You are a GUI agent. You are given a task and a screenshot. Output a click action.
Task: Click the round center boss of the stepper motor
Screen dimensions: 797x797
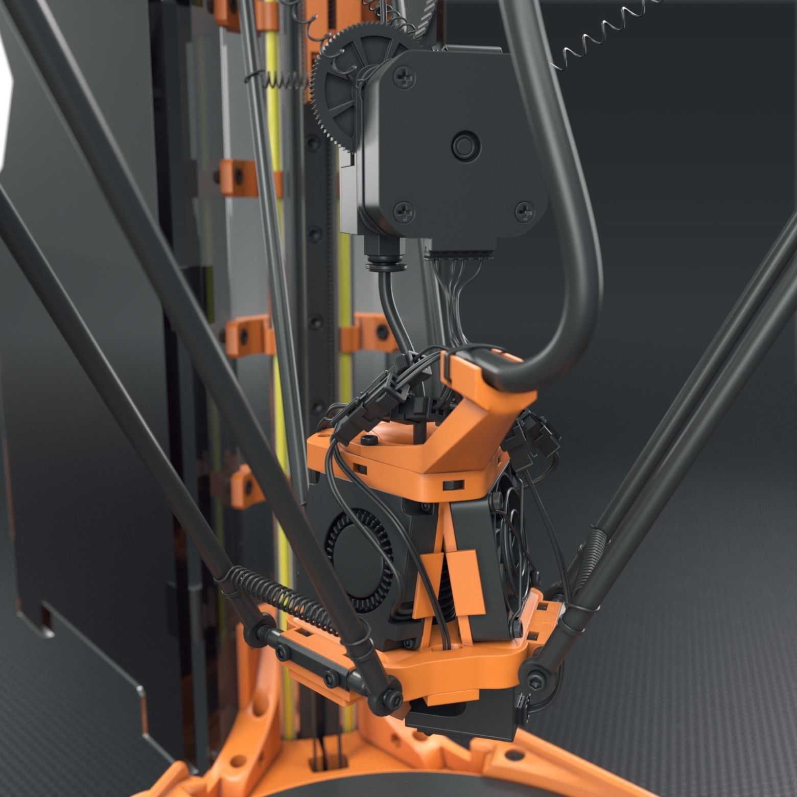click(464, 145)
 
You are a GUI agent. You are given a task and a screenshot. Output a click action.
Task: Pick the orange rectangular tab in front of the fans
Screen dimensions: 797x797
click(465, 582)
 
